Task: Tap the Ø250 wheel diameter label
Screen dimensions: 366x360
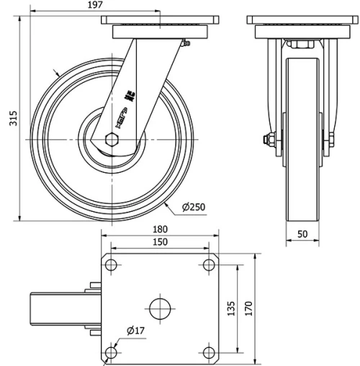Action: click(x=194, y=207)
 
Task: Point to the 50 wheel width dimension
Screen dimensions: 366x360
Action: click(x=302, y=234)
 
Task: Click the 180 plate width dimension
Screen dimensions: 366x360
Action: click(x=159, y=230)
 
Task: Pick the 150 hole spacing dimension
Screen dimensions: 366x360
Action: click(x=159, y=242)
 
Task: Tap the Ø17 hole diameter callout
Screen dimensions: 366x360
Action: click(x=136, y=330)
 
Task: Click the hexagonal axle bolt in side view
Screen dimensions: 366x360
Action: click(x=113, y=139)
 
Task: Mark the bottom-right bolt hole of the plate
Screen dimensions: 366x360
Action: click(x=208, y=353)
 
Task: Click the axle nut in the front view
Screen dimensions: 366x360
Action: click(x=271, y=140)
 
